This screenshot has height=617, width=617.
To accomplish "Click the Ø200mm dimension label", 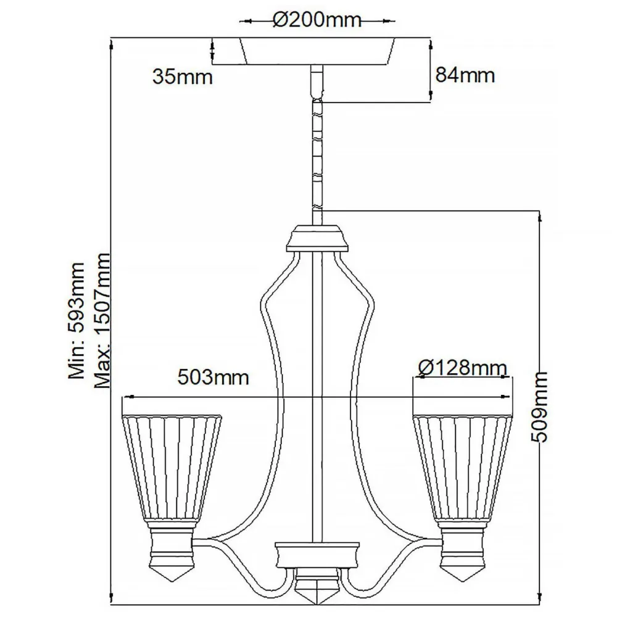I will [316, 20].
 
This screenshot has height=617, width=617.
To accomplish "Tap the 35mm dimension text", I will [182, 77].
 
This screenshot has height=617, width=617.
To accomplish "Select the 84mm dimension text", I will [465, 75].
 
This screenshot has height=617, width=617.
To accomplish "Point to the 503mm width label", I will [213, 376].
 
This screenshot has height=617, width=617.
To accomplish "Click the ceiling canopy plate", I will [316, 52].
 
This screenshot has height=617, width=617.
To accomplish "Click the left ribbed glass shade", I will [172, 469].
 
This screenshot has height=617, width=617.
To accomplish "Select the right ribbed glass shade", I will [463, 469].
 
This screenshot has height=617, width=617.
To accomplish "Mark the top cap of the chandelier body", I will [317, 238].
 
